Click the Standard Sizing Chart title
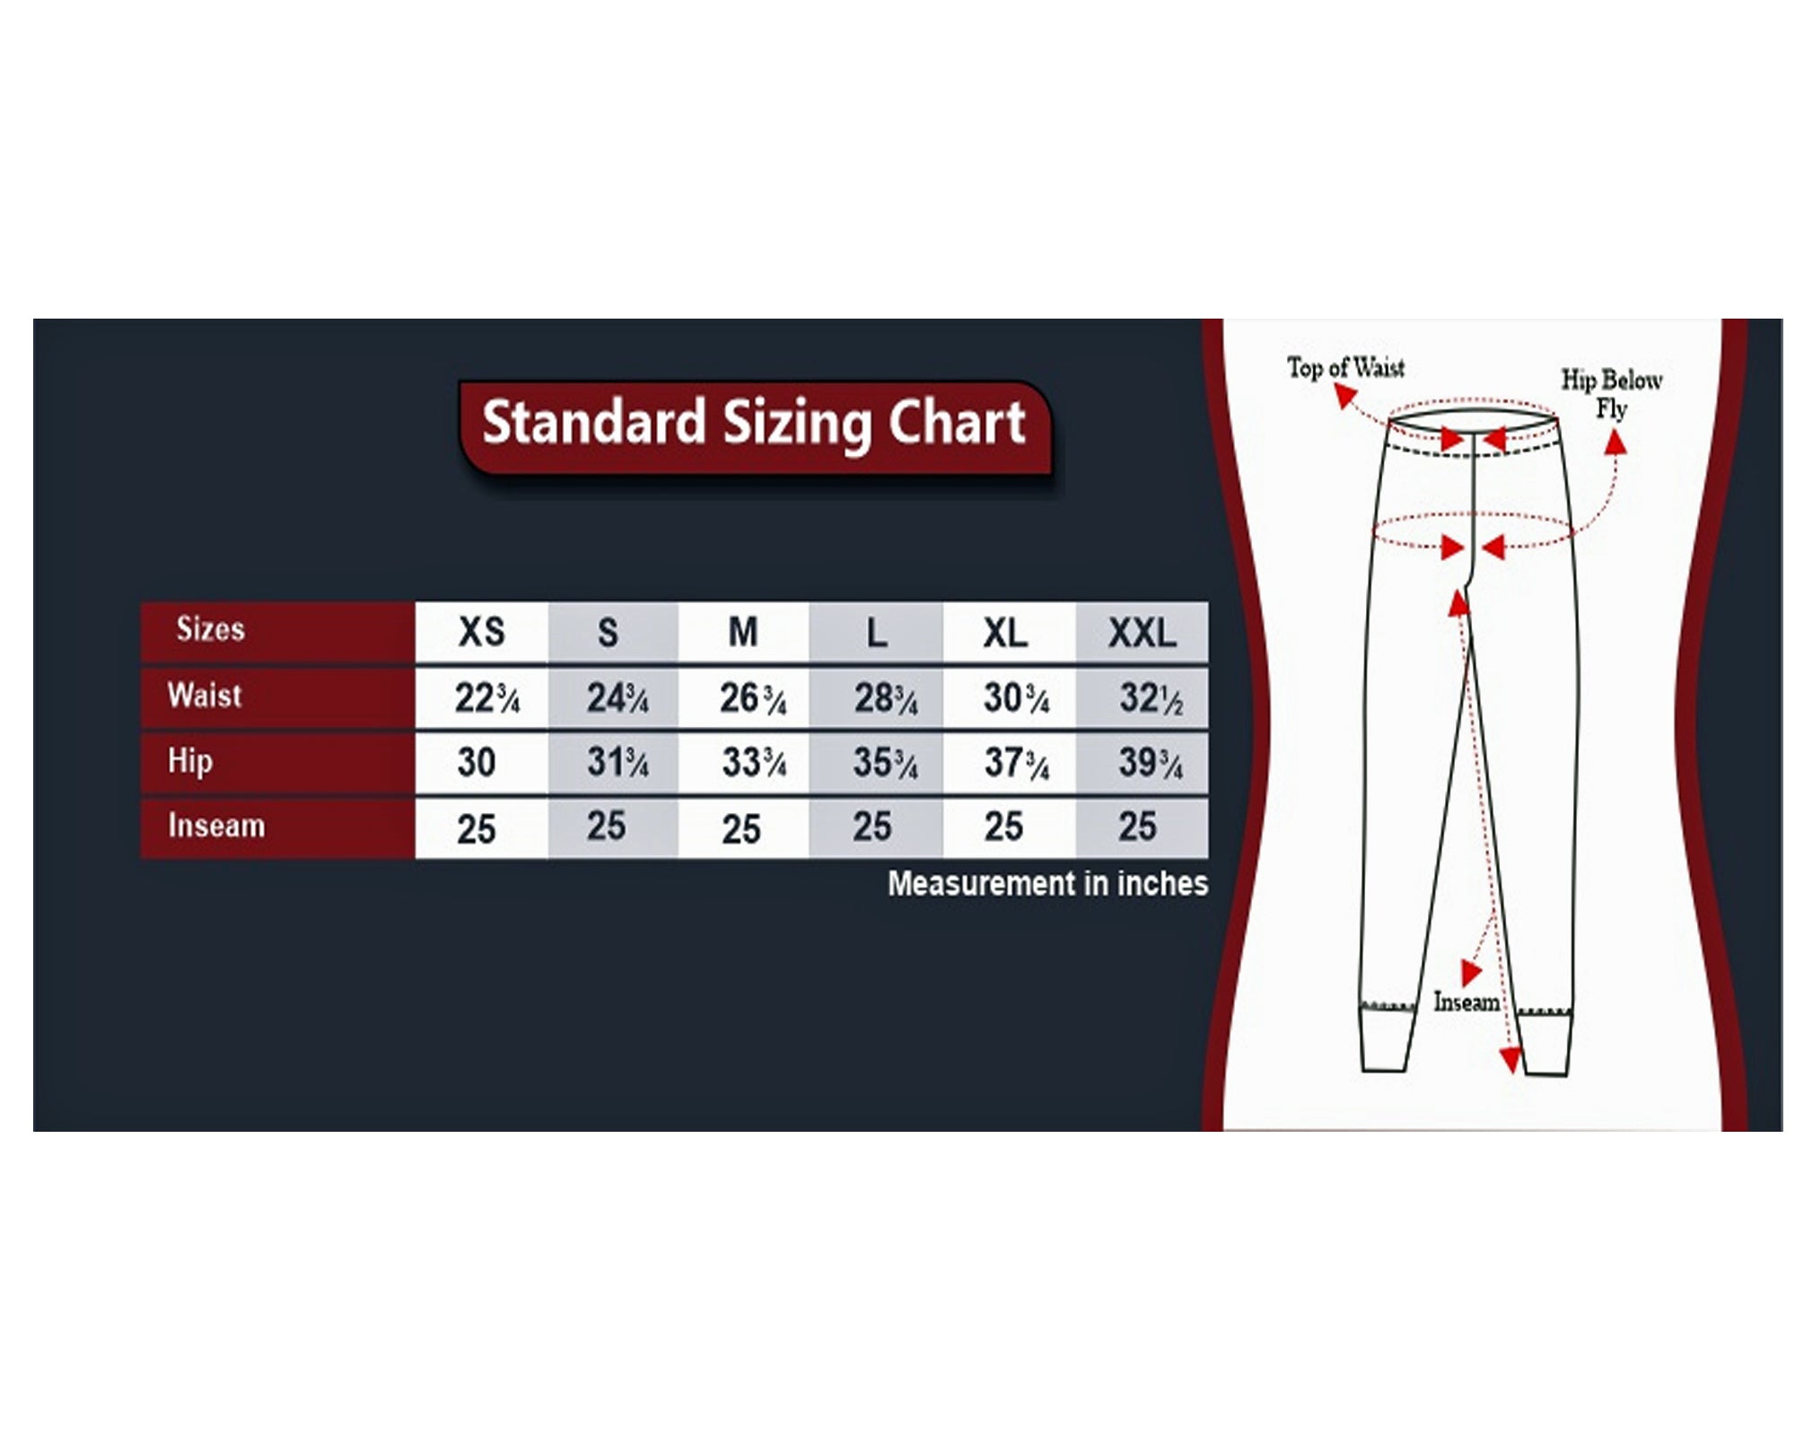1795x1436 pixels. tap(754, 423)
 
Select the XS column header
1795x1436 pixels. tap(482, 633)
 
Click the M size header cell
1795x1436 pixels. tap(743, 633)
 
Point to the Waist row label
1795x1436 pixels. tap(205, 696)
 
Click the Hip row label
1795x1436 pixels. tap(190, 762)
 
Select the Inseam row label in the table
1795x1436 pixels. tap(216, 826)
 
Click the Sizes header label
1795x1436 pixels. tap(210, 629)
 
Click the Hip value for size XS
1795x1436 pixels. tap(476, 763)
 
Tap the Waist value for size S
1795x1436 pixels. tap(617, 698)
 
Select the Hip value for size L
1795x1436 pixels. tap(885, 763)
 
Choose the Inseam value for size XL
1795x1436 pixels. tap(1003, 827)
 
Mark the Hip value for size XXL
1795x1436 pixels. tap(1151, 763)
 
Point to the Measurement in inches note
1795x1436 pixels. tap(1047, 884)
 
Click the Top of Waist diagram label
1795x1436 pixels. tap(1345, 367)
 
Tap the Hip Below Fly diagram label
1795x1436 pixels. tap(1612, 394)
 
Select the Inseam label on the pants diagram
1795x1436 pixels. tap(1467, 1002)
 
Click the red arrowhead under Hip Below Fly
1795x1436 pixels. tap(1615, 442)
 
